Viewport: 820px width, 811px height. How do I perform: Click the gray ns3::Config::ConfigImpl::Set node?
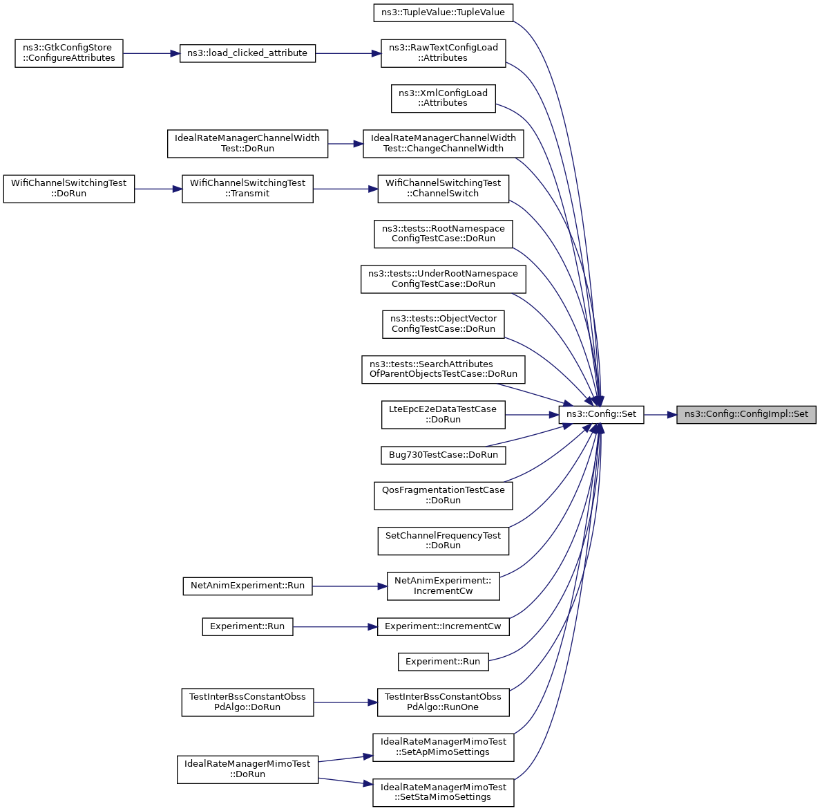[x=746, y=414]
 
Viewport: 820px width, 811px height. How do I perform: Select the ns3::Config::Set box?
[x=602, y=414]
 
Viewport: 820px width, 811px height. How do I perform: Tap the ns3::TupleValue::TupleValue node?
[x=444, y=12]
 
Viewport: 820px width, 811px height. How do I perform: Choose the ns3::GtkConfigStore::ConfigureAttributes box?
[x=69, y=53]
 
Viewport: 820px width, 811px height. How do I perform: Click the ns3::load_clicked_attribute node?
[x=247, y=53]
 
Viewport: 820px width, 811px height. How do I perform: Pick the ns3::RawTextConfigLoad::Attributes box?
[x=444, y=53]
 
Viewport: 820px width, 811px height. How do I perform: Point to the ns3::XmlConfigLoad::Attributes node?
[x=444, y=98]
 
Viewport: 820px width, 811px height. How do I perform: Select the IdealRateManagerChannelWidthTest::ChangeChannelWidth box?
[x=444, y=143]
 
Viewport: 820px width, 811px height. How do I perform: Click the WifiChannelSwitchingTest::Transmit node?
[x=247, y=189]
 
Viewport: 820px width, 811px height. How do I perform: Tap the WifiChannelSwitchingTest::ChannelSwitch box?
[x=444, y=189]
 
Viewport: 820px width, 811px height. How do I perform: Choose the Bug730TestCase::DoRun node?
[x=444, y=455]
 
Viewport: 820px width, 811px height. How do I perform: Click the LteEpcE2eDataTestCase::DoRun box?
[x=444, y=414]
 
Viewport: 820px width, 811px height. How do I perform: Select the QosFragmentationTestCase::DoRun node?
[x=444, y=496]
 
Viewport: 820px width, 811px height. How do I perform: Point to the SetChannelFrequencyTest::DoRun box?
[x=444, y=541]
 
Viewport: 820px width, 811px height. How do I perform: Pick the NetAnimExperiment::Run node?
[x=247, y=586]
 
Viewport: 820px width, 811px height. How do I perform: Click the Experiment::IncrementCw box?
[x=444, y=626]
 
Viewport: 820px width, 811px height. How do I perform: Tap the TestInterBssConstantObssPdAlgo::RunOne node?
[x=444, y=702]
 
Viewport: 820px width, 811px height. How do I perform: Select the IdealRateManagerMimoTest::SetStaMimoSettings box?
[x=444, y=792]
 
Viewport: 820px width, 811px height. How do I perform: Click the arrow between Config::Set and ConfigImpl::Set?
[x=660, y=414]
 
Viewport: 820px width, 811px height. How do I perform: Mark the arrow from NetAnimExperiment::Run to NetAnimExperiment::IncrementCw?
[x=350, y=586]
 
